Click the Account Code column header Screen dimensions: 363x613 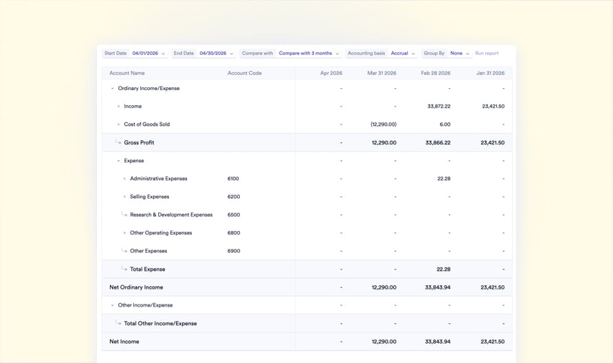click(x=245, y=73)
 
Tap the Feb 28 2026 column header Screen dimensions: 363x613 click(x=436, y=73)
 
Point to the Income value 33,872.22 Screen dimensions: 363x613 click(x=438, y=107)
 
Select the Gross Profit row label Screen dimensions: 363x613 click(x=139, y=143)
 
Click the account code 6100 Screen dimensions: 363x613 click(x=233, y=179)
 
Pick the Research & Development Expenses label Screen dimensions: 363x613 click(x=171, y=214)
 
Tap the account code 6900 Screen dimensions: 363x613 click(x=234, y=251)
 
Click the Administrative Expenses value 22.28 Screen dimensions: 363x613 click(x=443, y=179)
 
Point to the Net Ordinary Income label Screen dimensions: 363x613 click(x=136, y=287)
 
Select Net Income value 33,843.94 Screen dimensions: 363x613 click(x=438, y=342)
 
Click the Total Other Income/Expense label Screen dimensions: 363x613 click(x=160, y=324)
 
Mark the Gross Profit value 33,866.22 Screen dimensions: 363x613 click(x=438, y=143)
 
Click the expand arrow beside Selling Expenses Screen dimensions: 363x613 click(x=124, y=197)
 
